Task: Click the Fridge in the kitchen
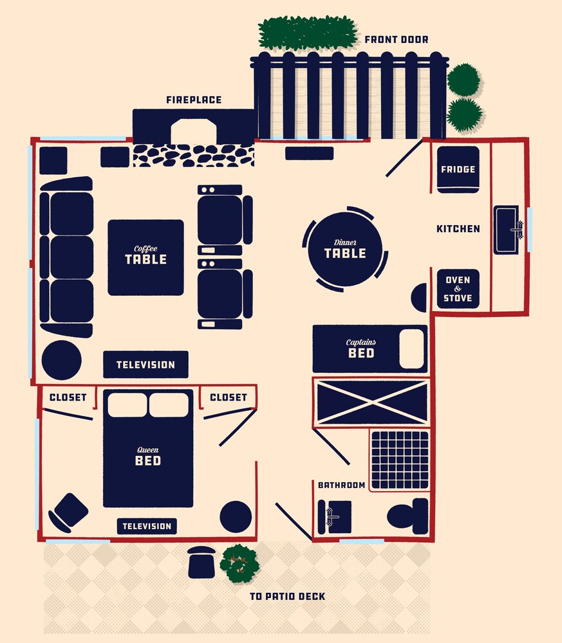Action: tap(458, 169)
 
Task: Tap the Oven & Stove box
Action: tap(458, 289)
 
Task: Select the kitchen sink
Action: tap(508, 230)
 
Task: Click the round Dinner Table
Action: tap(345, 249)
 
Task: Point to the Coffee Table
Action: tap(145, 258)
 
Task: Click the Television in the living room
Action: tap(145, 364)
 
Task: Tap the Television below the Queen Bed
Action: tap(147, 526)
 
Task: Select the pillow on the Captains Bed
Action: tap(412, 349)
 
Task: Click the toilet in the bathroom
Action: tap(407, 516)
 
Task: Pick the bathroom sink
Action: tap(335, 517)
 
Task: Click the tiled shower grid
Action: tap(400, 460)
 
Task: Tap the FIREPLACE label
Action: tap(194, 100)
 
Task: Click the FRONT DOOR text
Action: tap(396, 39)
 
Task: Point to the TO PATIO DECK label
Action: tap(287, 596)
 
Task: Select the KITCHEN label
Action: tap(458, 229)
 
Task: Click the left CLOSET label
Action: tap(68, 397)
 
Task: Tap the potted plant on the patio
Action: tap(239, 563)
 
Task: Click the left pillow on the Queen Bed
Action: tap(127, 405)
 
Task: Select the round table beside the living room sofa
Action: tap(62, 360)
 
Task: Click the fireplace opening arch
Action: tap(193, 131)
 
